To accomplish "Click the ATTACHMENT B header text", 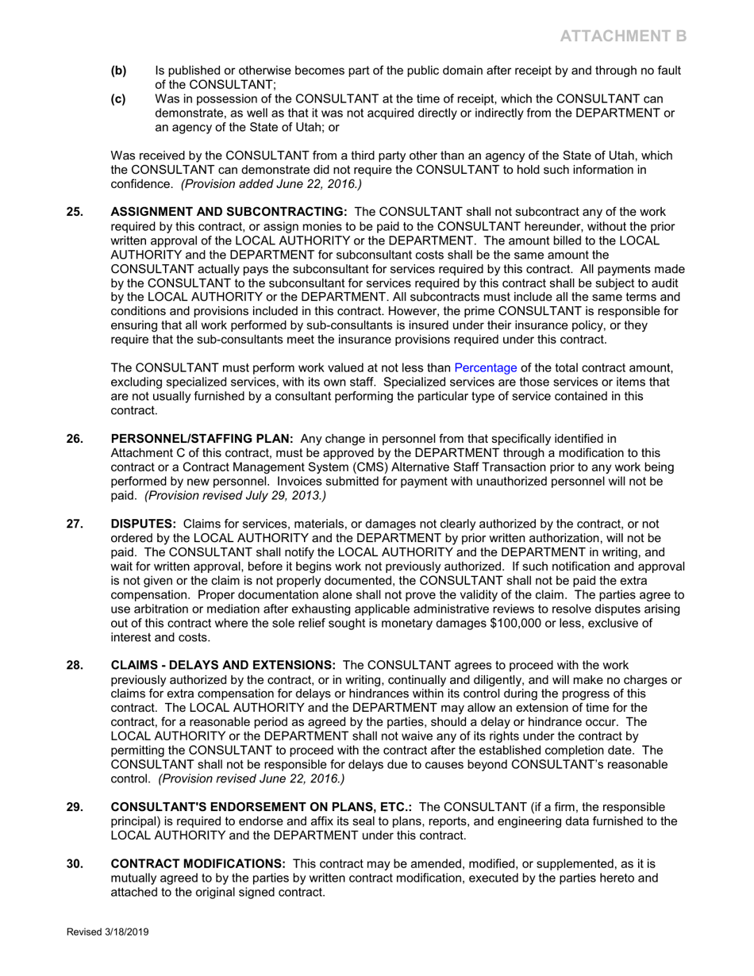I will pos(623,36).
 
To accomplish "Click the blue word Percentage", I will pos(485,367).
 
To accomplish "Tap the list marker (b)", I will pos(118,71).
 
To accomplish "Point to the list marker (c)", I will pos(118,99).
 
